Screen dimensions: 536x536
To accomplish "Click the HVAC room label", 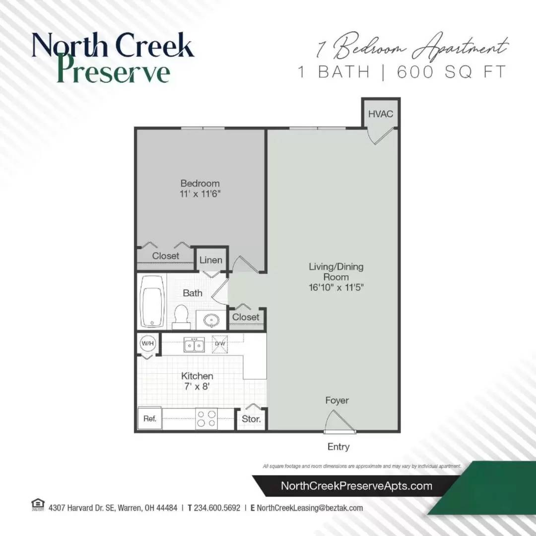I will pyautogui.click(x=381, y=114).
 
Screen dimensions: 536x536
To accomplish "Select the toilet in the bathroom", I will pyautogui.click(x=181, y=317).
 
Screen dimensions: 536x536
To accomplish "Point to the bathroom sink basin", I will pyautogui.click(x=212, y=320).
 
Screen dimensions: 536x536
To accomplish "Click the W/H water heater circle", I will pyautogui.click(x=147, y=342).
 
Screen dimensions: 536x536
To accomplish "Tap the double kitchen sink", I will pyautogui.click(x=194, y=344).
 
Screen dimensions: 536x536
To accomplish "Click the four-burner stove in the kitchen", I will pyautogui.click(x=206, y=418).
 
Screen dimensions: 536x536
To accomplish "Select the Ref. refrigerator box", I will pyautogui.click(x=150, y=419).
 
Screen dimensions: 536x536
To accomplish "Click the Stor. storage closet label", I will pyautogui.click(x=251, y=419).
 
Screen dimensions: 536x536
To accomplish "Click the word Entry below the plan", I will pyautogui.click(x=338, y=447).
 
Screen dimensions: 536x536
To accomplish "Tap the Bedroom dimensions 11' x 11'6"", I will pyautogui.click(x=200, y=194).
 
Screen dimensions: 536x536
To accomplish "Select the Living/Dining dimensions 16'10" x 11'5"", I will pyautogui.click(x=336, y=287).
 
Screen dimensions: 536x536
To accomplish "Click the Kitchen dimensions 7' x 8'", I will pyautogui.click(x=197, y=387).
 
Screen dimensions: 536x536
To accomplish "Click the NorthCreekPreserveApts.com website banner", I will pyautogui.click(x=356, y=486).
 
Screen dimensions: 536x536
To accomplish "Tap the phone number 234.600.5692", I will pyautogui.click(x=216, y=508).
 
